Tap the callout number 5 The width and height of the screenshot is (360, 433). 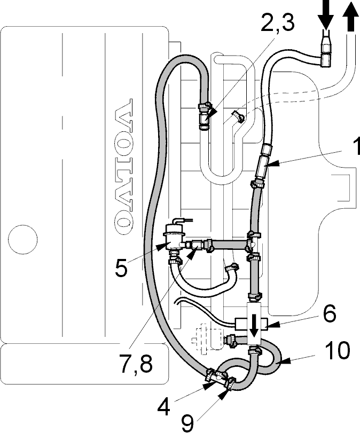pyautogui.click(x=122, y=267)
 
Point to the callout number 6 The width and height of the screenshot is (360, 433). pyautogui.click(x=328, y=313)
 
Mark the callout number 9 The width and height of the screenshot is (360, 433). pyautogui.click(x=187, y=423)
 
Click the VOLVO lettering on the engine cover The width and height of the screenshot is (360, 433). pyautogui.click(x=123, y=164)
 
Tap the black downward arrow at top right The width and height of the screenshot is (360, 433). pyautogui.click(x=325, y=14)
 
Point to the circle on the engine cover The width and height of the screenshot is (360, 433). pyautogui.click(x=22, y=239)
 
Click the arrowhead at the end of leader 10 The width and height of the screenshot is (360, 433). pyautogui.click(x=286, y=360)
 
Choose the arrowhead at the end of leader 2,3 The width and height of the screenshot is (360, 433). pyautogui.click(x=212, y=114)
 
